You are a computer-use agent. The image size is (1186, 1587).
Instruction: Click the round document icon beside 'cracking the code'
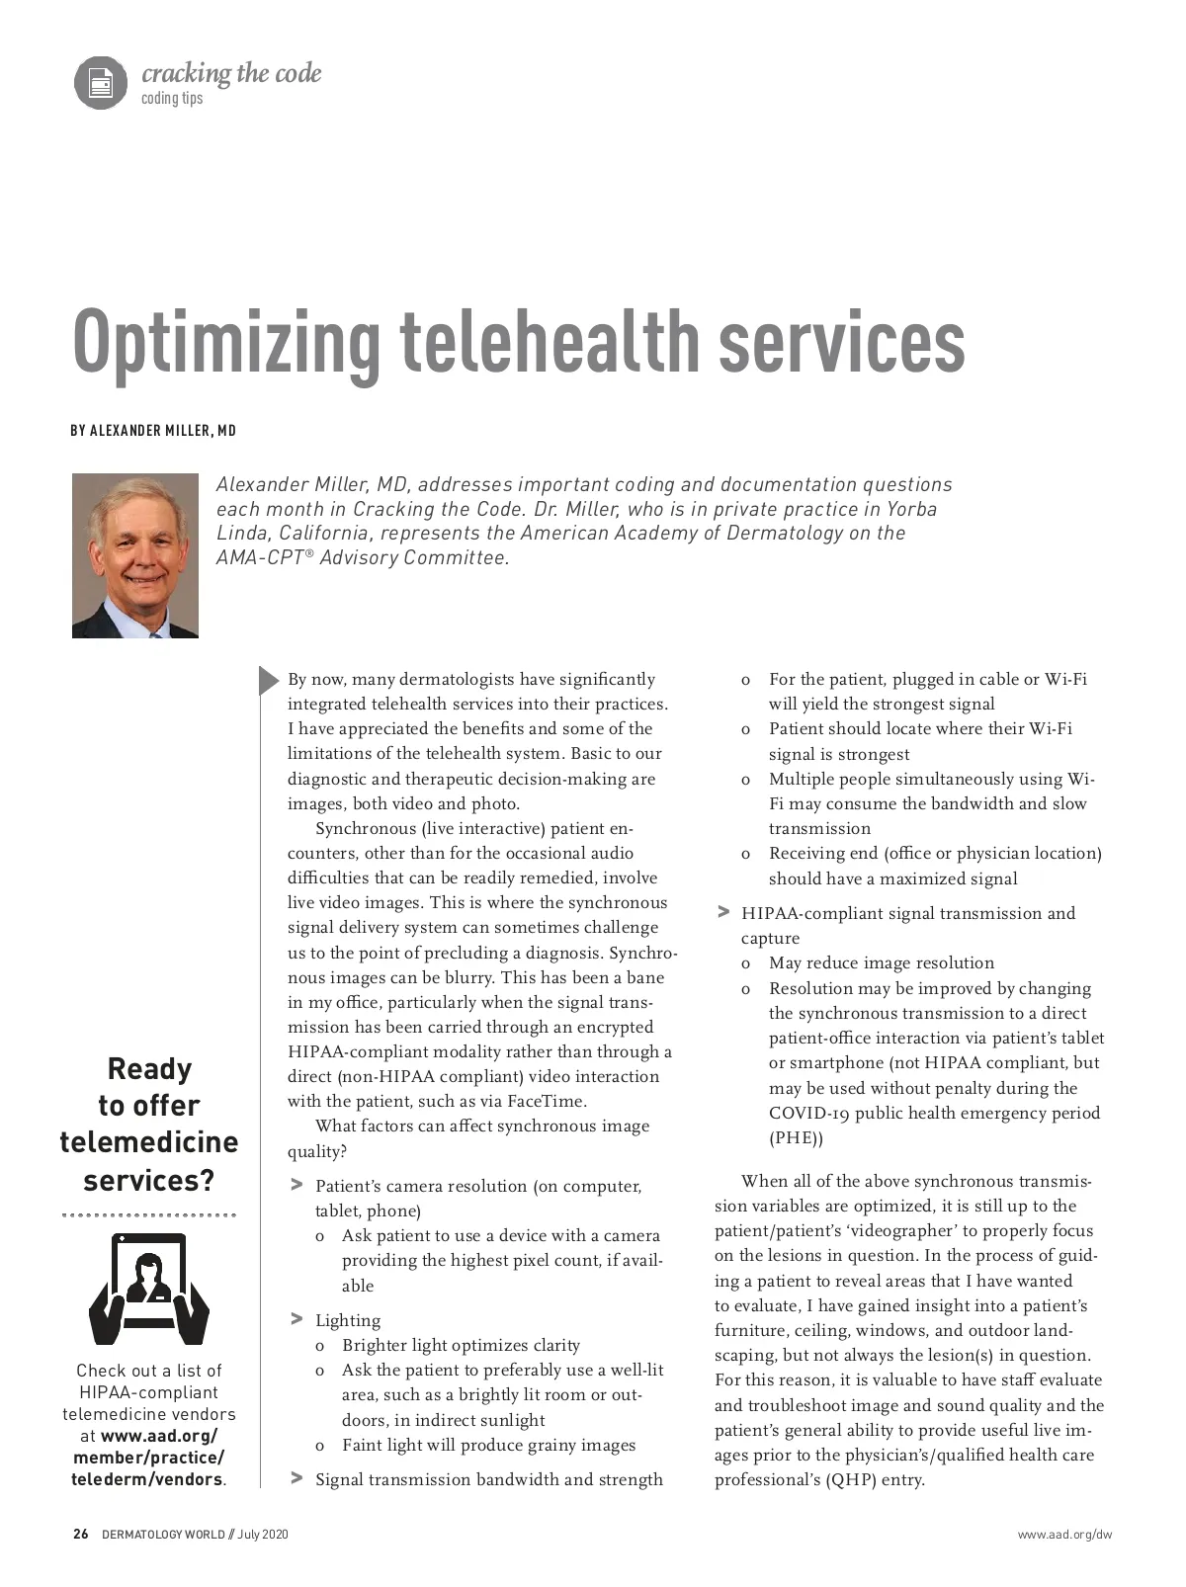click(x=101, y=83)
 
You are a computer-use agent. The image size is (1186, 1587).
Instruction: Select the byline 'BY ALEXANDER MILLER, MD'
click(x=153, y=431)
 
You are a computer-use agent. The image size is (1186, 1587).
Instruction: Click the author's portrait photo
click(x=135, y=555)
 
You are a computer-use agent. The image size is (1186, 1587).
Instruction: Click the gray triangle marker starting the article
click(x=269, y=680)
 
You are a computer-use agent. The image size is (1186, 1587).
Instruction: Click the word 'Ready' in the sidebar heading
click(x=149, y=1068)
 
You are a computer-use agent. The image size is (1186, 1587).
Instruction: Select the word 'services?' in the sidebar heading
click(x=149, y=1180)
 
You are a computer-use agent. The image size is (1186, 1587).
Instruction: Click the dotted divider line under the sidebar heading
click(x=148, y=1214)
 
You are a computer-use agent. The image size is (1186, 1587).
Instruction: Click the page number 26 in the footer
click(x=81, y=1535)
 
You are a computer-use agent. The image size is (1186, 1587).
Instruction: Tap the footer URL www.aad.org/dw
click(x=1064, y=1535)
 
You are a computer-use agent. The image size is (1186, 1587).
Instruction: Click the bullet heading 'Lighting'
click(x=348, y=1320)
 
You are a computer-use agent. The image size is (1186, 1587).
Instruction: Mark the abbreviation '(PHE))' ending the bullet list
click(x=796, y=1137)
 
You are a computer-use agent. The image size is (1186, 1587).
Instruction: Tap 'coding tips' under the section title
click(x=172, y=99)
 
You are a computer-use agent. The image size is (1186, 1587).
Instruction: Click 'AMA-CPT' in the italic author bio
click(x=259, y=557)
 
